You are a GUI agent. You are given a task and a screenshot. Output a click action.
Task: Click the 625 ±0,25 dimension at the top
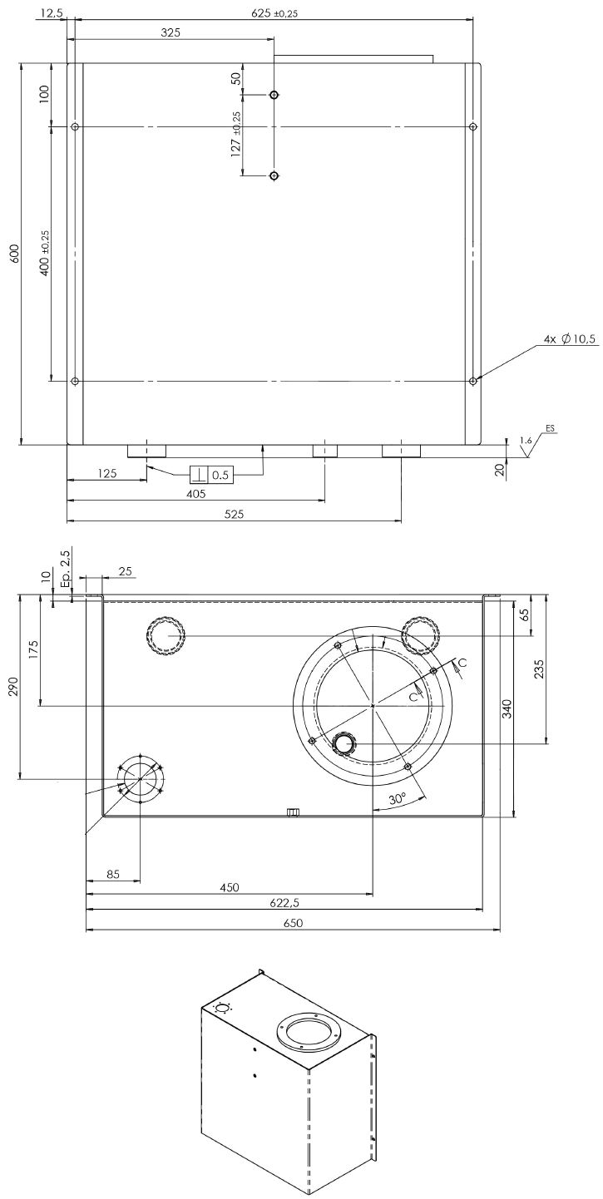pos(274,13)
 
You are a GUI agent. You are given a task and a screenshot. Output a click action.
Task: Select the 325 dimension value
pos(171,33)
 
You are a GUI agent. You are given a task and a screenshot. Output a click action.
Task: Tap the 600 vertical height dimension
pos(13,254)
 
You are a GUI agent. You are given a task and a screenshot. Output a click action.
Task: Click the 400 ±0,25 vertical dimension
pos(45,254)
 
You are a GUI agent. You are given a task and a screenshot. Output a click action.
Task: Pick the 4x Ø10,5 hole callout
pos(570,338)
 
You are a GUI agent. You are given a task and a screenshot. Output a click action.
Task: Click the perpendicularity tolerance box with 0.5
pos(211,475)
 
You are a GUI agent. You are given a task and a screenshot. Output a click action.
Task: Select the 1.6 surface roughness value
pos(525,440)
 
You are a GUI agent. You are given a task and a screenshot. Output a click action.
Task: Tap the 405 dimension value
pos(195,494)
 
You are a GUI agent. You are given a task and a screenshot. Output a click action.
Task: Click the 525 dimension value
pos(234,515)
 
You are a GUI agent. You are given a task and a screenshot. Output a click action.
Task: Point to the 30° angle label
pos(397,798)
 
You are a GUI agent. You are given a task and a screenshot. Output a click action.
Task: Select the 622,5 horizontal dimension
pos(284,902)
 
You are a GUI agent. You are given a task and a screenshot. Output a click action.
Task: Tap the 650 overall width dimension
pos(293,923)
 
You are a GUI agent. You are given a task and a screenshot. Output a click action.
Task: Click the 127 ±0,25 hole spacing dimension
pos(237,135)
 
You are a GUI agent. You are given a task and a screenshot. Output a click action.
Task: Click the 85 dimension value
pos(113,874)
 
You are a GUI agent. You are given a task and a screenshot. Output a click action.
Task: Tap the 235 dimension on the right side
pos(539,669)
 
